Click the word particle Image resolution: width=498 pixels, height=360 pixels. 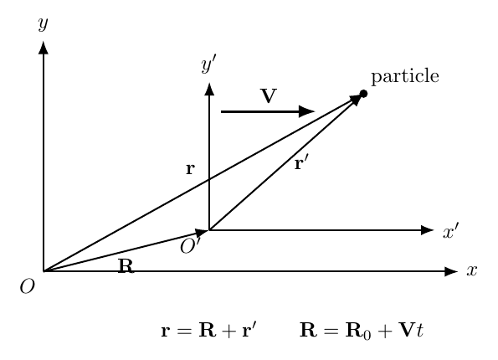(x=405, y=76)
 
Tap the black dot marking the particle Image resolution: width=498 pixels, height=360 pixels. (x=363, y=94)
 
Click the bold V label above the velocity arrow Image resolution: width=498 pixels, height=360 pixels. (x=269, y=95)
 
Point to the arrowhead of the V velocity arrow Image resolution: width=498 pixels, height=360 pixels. (x=307, y=111)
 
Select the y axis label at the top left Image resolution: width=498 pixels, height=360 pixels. (x=44, y=23)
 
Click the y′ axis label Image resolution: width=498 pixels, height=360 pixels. (x=209, y=64)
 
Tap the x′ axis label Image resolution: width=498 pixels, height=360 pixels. (x=451, y=230)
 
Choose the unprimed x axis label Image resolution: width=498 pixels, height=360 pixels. (x=472, y=270)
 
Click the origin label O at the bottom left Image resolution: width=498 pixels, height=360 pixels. (x=28, y=286)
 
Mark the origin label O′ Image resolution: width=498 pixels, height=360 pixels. (x=190, y=246)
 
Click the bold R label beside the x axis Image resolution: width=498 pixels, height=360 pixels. (x=126, y=266)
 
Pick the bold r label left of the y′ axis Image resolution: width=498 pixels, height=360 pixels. (x=190, y=169)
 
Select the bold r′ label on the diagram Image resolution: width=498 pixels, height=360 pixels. (x=301, y=163)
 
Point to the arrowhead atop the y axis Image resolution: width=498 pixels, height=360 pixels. (x=44, y=48)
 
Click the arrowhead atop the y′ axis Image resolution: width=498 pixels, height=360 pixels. (x=209, y=89)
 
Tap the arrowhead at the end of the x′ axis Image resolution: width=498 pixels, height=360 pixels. (x=428, y=230)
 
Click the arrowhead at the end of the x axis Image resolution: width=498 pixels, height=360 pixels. (x=451, y=271)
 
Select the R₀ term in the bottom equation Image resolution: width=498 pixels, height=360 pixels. (x=358, y=331)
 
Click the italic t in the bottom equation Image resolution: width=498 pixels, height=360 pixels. (x=419, y=331)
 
